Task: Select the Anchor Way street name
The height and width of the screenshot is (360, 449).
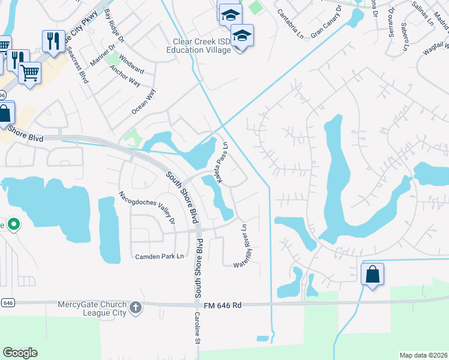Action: click(125, 75)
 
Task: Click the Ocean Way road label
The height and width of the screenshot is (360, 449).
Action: click(143, 101)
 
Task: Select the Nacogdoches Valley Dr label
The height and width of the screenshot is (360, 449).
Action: click(147, 208)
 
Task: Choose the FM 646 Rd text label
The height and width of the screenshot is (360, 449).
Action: click(222, 305)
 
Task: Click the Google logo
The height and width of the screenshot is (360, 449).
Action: click(20, 353)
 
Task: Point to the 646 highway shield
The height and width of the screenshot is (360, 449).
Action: click(7, 303)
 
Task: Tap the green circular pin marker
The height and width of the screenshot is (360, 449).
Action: click(14, 225)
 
